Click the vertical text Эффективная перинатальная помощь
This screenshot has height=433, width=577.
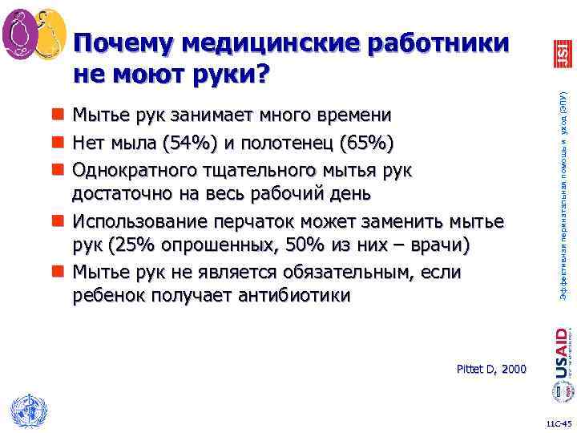point(563,200)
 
